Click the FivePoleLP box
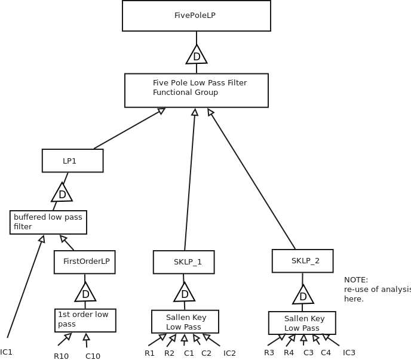coord(196,16)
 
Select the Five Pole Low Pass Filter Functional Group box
coord(196,90)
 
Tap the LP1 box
coord(72,161)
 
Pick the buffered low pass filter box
coord(48,222)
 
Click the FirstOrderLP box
coord(84,262)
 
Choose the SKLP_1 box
coord(183,262)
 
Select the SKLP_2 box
coord(302,261)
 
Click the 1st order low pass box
coord(85,320)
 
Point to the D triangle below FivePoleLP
coord(197,56)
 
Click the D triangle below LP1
coord(62,193)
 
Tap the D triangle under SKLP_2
coord(303,296)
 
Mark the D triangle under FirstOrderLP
coord(85,293)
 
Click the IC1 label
coord(7,352)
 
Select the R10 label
coord(61,356)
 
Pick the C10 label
coord(93,356)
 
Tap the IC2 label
coord(229,353)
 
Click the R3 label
coord(269,353)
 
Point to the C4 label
coord(326,353)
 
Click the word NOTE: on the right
coord(356,280)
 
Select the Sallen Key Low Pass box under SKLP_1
coord(185,322)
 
